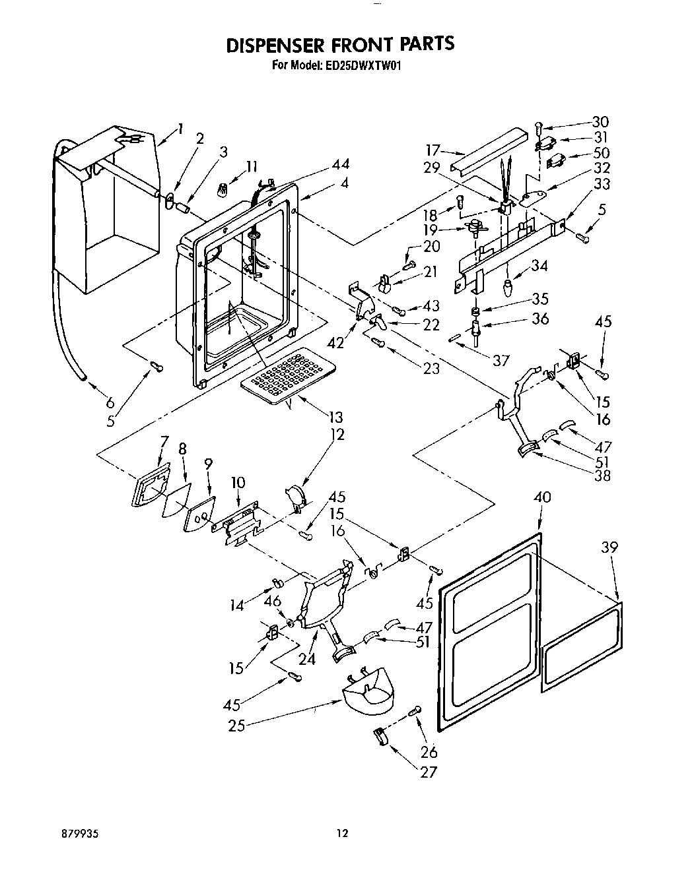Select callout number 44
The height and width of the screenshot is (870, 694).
[x=341, y=164]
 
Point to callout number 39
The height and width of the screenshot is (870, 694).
[x=610, y=547]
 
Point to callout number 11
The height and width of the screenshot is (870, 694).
[x=252, y=166]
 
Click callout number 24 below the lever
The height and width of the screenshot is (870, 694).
[x=308, y=658]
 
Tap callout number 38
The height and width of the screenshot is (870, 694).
[x=602, y=475]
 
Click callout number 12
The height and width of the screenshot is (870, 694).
[x=338, y=435]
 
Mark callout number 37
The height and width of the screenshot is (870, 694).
[x=501, y=359]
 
